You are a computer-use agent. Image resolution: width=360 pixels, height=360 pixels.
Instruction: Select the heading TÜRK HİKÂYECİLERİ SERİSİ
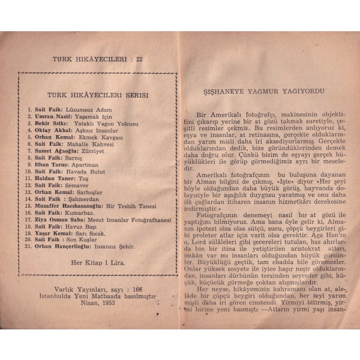click(98, 95)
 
